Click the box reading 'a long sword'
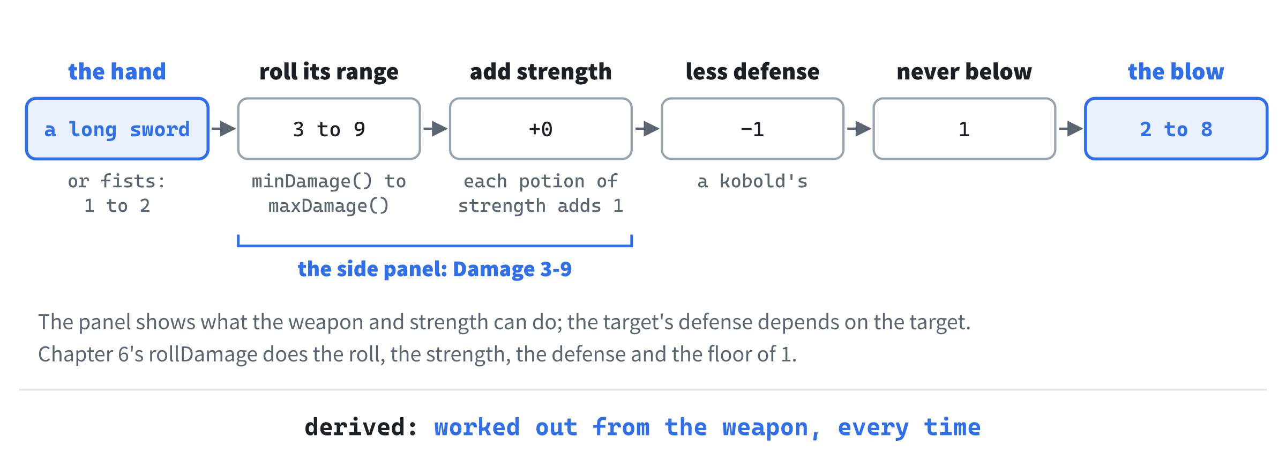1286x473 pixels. pos(117,129)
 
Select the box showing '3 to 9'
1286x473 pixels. pos(329,129)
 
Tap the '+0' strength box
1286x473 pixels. pos(541,129)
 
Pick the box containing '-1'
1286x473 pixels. pos(752,129)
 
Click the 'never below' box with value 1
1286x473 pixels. pos(964,129)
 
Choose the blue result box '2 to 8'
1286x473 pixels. pos(1176,129)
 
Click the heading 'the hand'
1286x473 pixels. pos(117,71)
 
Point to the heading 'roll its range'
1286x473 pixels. pos(329,72)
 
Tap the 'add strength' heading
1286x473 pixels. pos(541,72)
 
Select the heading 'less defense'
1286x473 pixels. pos(752,71)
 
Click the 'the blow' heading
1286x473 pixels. pos(1176,71)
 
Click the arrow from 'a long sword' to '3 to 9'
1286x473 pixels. pos(223,129)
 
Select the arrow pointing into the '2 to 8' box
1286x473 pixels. pos(1071,129)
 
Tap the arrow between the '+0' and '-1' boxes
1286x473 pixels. pos(647,129)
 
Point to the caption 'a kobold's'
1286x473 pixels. pos(752,181)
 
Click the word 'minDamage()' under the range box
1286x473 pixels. pos(312,181)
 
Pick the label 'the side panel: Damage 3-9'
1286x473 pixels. pos(435,269)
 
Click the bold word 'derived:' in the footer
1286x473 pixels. pos(361,427)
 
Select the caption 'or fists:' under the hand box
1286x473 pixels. pos(117,181)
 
